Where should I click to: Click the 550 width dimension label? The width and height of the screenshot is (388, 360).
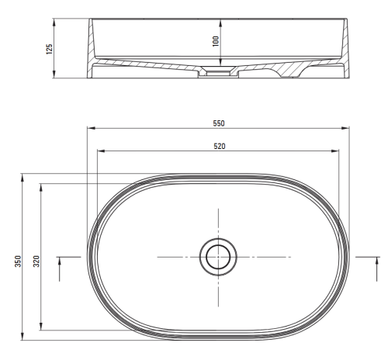point(219,123)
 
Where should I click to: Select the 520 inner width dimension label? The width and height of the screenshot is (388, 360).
point(220,146)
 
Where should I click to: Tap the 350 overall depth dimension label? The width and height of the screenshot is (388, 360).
point(18,261)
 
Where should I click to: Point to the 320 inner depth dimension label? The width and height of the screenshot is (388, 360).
point(36,261)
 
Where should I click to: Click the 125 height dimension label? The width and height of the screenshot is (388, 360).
point(49,49)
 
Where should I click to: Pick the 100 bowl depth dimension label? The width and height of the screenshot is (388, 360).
point(216,41)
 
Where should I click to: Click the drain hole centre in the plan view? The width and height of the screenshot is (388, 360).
point(218,257)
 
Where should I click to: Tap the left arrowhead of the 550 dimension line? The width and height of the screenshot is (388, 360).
point(91,128)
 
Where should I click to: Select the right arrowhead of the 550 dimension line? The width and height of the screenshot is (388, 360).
point(345,128)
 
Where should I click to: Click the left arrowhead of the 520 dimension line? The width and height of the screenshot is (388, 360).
point(101,151)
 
